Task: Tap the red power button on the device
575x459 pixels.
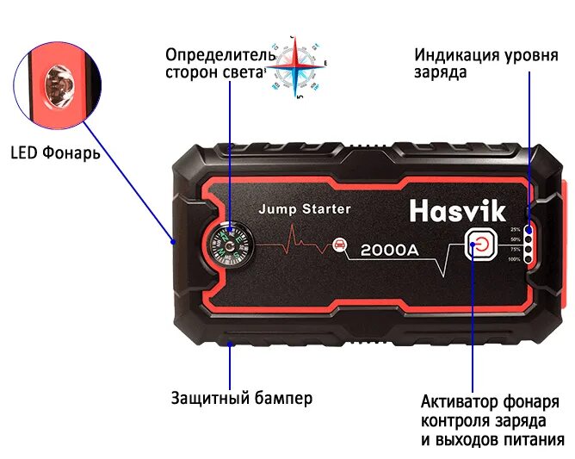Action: [482, 245]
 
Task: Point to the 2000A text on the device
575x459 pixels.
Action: [388, 251]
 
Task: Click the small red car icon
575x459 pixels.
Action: [341, 245]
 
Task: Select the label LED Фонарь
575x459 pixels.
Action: [55, 154]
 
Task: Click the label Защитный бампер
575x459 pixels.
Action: [241, 399]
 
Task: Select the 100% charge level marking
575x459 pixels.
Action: [515, 258]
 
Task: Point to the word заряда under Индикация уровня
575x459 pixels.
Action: [441, 72]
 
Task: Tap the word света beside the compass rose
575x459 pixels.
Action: [242, 72]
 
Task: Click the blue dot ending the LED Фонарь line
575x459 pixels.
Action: [174, 243]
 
